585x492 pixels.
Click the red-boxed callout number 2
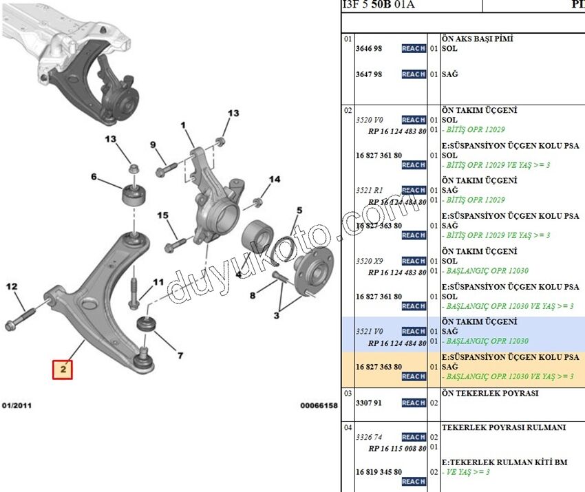tap(62, 370)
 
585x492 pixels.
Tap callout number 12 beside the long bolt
tap(12, 286)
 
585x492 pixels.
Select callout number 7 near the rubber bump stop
tap(180, 356)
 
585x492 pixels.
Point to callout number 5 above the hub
tap(299, 211)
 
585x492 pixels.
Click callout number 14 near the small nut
tap(275, 180)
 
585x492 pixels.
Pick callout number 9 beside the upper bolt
tap(153, 145)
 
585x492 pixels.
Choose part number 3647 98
tap(369, 74)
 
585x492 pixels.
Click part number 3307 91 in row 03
tap(369, 403)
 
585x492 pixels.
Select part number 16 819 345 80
tap(379, 472)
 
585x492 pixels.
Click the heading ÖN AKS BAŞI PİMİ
tap(477, 39)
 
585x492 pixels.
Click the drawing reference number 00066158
tap(319, 406)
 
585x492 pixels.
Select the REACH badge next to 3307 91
tap(414, 403)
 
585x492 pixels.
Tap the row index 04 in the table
tap(348, 427)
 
